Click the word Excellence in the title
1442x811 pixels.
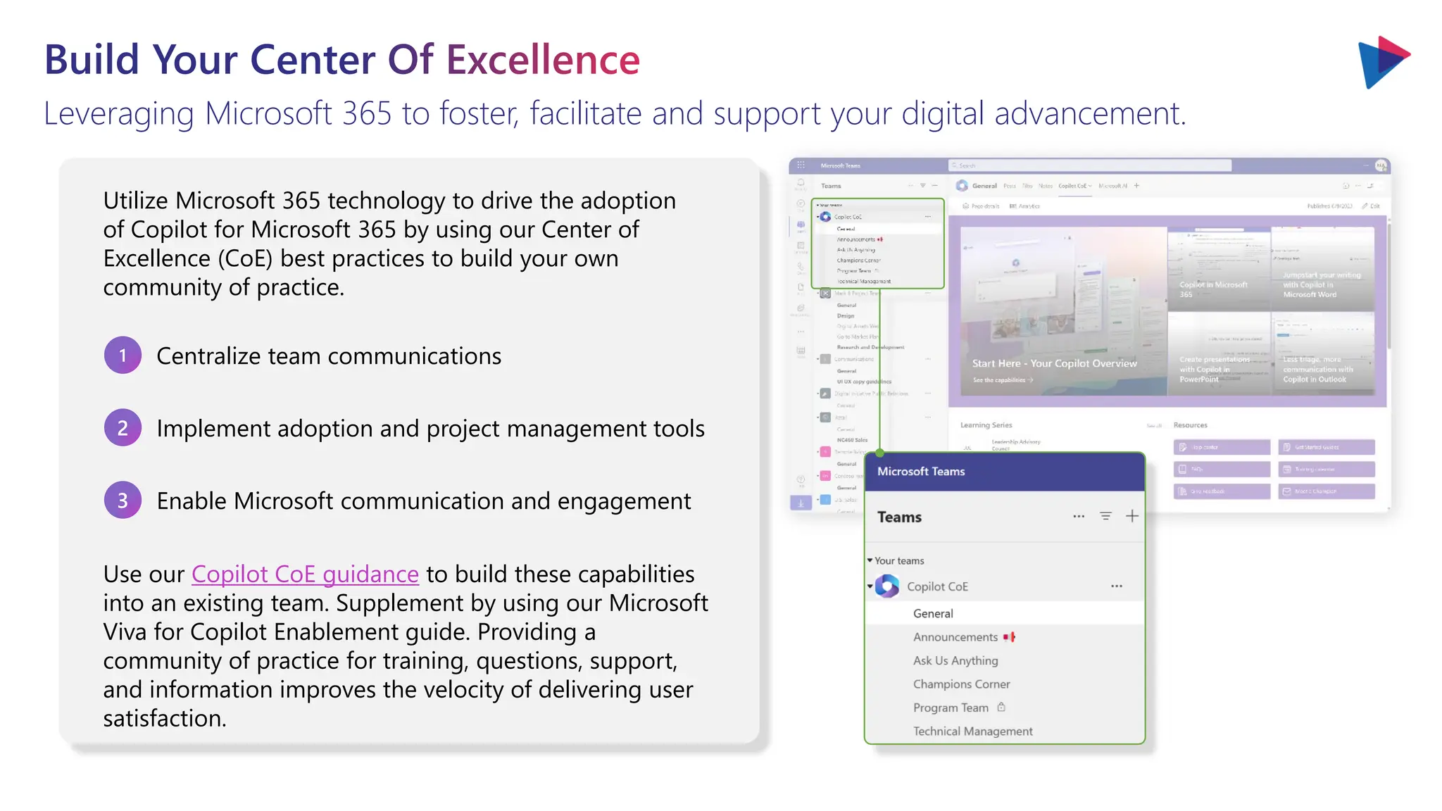[543, 60]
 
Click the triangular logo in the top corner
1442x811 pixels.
[1382, 62]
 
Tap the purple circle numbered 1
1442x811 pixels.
[123, 356]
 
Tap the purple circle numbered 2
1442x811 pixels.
[123, 428]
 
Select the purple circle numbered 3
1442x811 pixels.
[123, 501]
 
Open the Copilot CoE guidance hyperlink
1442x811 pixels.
[305, 574]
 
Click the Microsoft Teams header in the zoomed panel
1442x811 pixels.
[921, 472]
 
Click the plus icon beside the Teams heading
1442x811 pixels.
[1132, 516]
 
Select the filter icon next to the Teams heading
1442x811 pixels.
[1105, 516]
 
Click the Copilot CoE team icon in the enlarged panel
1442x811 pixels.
[887, 586]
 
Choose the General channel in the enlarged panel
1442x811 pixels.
[933, 614]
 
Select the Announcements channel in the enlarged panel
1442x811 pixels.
[955, 637]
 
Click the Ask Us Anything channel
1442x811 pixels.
[955, 661]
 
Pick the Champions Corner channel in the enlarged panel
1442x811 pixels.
[961, 684]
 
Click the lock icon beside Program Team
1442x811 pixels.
[1001, 707]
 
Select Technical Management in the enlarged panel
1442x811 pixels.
[972, 731]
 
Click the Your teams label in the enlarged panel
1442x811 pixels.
[899, 561]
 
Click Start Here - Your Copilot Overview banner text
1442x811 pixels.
[1054, 364]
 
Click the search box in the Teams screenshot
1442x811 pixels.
[1089, 165]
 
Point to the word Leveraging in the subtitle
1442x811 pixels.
[118, 114]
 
